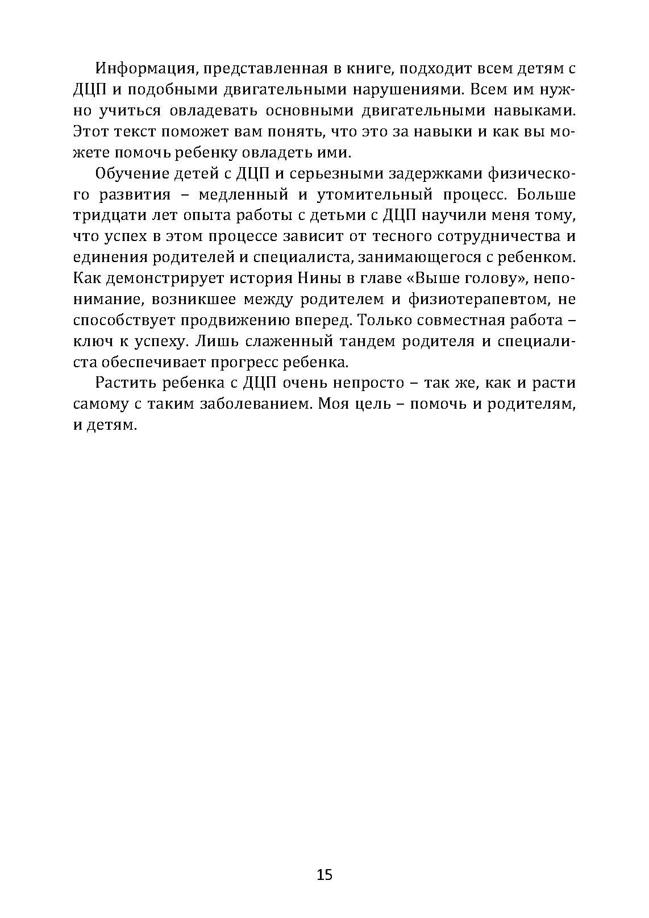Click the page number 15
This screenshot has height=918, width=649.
tap(324, 874)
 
